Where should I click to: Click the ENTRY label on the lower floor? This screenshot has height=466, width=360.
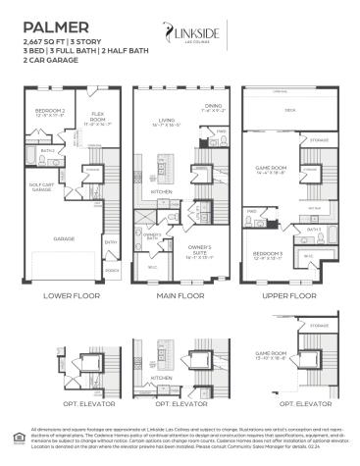click(111, 242)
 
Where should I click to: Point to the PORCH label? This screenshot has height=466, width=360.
click(111, 270)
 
